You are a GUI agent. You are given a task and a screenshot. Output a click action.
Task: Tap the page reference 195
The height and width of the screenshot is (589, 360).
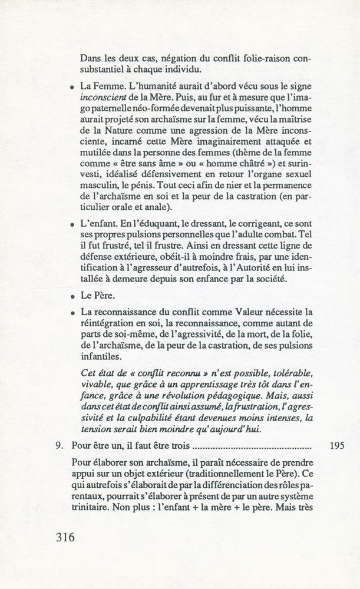(334, 446)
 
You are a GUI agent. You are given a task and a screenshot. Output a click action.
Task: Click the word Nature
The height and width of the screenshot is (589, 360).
(124, 135)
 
